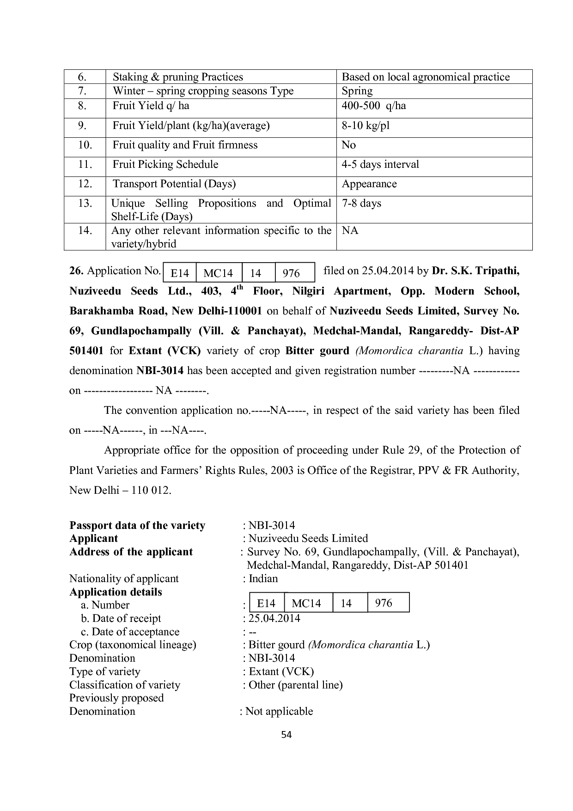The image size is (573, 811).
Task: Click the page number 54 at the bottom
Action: tap(286, 735)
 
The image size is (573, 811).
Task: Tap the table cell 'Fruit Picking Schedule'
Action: tap(165, 165)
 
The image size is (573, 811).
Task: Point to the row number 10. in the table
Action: tap(85, 145)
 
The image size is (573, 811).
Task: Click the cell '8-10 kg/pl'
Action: tap(366, 126)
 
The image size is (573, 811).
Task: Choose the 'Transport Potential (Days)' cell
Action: tap(174, 184)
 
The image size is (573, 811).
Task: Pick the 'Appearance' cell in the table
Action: tap(369, 184)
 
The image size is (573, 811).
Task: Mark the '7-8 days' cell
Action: tap(361, 203)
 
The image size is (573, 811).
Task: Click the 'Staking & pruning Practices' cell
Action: tap(177, 77)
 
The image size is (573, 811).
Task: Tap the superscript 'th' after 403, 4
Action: tap(240, 288)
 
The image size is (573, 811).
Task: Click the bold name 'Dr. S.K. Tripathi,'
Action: tap(475, 271)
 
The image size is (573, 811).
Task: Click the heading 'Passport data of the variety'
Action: tap(137, 526)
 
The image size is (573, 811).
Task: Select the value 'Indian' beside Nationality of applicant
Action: tap(263, 579)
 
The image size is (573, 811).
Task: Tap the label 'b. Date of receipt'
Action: tap(121, 619)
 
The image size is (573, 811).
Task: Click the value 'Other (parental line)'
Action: tap(295, 685)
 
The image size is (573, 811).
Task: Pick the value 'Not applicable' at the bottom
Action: tap(279, 712)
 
